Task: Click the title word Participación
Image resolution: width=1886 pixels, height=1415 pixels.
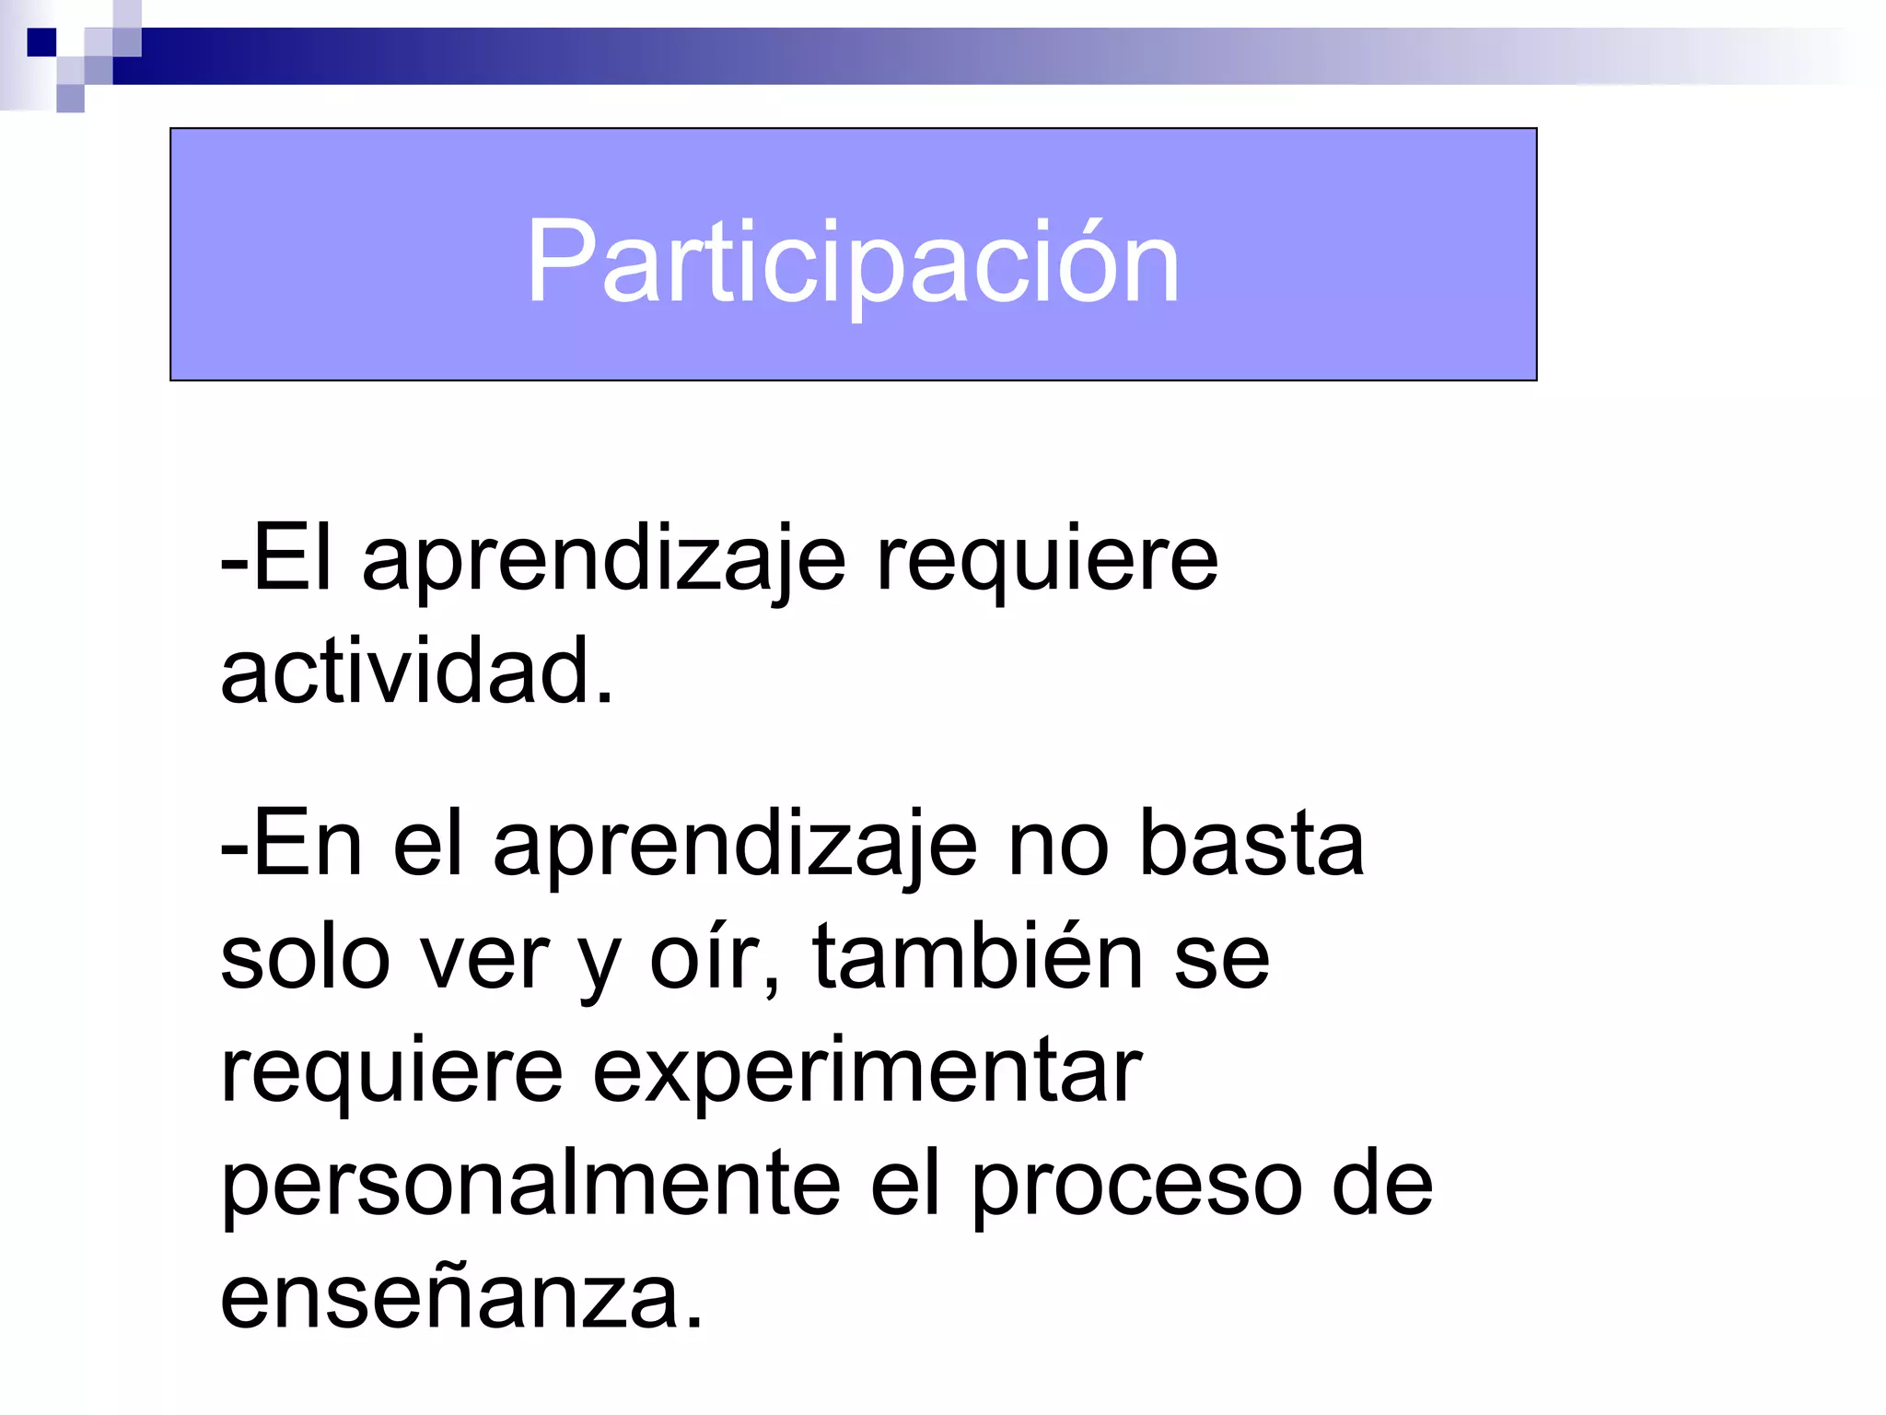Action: point(852,263)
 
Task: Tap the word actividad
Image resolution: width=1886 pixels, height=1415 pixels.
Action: point(416,671)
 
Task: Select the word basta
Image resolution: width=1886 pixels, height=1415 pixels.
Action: point(1252,844)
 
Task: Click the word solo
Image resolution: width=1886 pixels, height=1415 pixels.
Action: point(305,957)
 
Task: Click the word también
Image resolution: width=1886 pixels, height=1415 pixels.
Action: point(977,957)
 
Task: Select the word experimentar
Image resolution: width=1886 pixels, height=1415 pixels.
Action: point(867,1073)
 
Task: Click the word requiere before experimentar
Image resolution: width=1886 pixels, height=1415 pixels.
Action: point(391,1073)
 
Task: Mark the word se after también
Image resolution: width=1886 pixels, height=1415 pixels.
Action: point(1221,959)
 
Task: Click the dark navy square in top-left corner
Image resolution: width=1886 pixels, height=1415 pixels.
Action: point(41,42)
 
